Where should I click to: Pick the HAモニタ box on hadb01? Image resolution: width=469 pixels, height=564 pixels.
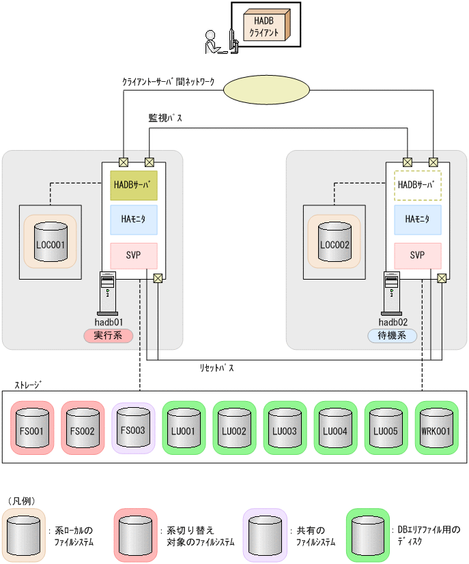click(x=134, y=220)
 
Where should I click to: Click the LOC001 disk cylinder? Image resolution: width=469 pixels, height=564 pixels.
click(x=50, y=241)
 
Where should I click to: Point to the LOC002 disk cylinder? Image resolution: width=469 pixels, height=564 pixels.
click(x=334, y=241)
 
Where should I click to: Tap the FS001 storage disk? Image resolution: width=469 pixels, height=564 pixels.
click(x=32, y=428)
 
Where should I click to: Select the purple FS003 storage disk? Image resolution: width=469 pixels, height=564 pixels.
click(x=133, y=428)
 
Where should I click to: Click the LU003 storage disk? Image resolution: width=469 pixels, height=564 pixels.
click(x=285, y=428)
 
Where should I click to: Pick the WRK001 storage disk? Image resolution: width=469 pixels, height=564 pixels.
click(x=436, y=428)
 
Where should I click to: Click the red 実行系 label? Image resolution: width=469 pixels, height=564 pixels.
click(x=107, y=336)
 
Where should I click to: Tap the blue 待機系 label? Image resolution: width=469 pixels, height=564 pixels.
click(x=392, y=336)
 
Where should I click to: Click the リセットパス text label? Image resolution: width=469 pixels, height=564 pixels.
click(x=216, y=368)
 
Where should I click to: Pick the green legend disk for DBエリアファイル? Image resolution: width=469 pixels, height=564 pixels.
click(x=367, y=535)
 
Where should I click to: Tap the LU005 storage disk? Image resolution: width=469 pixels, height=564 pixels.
click(x=386, y=428)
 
